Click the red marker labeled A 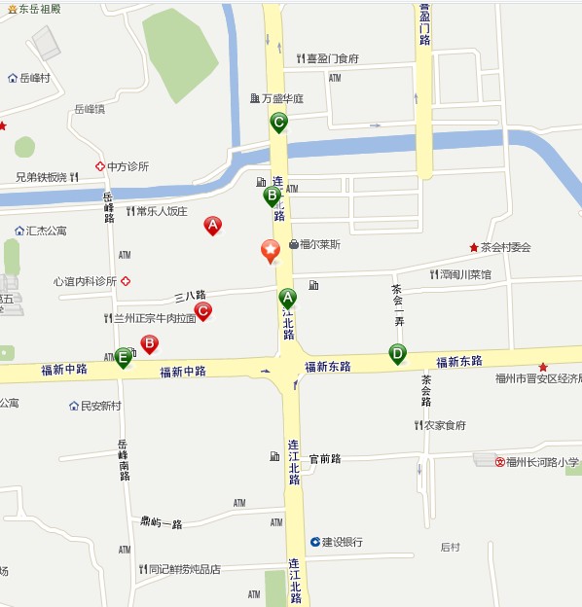[212, 226]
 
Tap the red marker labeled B [150, 343]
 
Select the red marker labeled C [203, 311]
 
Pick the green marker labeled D [397, 353]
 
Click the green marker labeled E [123, 357]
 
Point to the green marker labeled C [278, 123]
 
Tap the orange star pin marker [271, 251]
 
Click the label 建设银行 [342, 542]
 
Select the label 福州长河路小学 [542, 462]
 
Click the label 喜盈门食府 [332, 58]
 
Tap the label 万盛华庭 [282, 98]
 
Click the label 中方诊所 [127, 166]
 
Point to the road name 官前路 [325, 458]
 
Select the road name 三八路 [190, 295]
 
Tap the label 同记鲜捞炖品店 [184, 570]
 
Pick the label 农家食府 [444, 425]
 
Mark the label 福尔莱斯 [320, 245]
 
